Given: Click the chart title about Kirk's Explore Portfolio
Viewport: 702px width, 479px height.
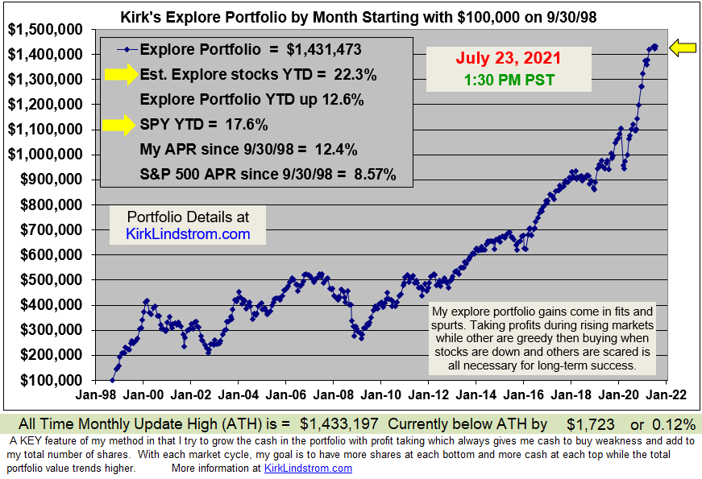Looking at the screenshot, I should tap(358, 16).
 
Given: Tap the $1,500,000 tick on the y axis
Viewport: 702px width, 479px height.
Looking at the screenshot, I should tap(45, 29).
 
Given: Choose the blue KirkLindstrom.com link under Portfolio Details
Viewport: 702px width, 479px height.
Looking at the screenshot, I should tap(189, 234).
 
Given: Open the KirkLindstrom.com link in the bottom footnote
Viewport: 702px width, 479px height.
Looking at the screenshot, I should tap(309, 469).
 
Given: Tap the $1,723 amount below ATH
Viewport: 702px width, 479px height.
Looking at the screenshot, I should tap(591, 423).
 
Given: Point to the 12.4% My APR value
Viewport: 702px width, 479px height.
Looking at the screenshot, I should tap(334, 150).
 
